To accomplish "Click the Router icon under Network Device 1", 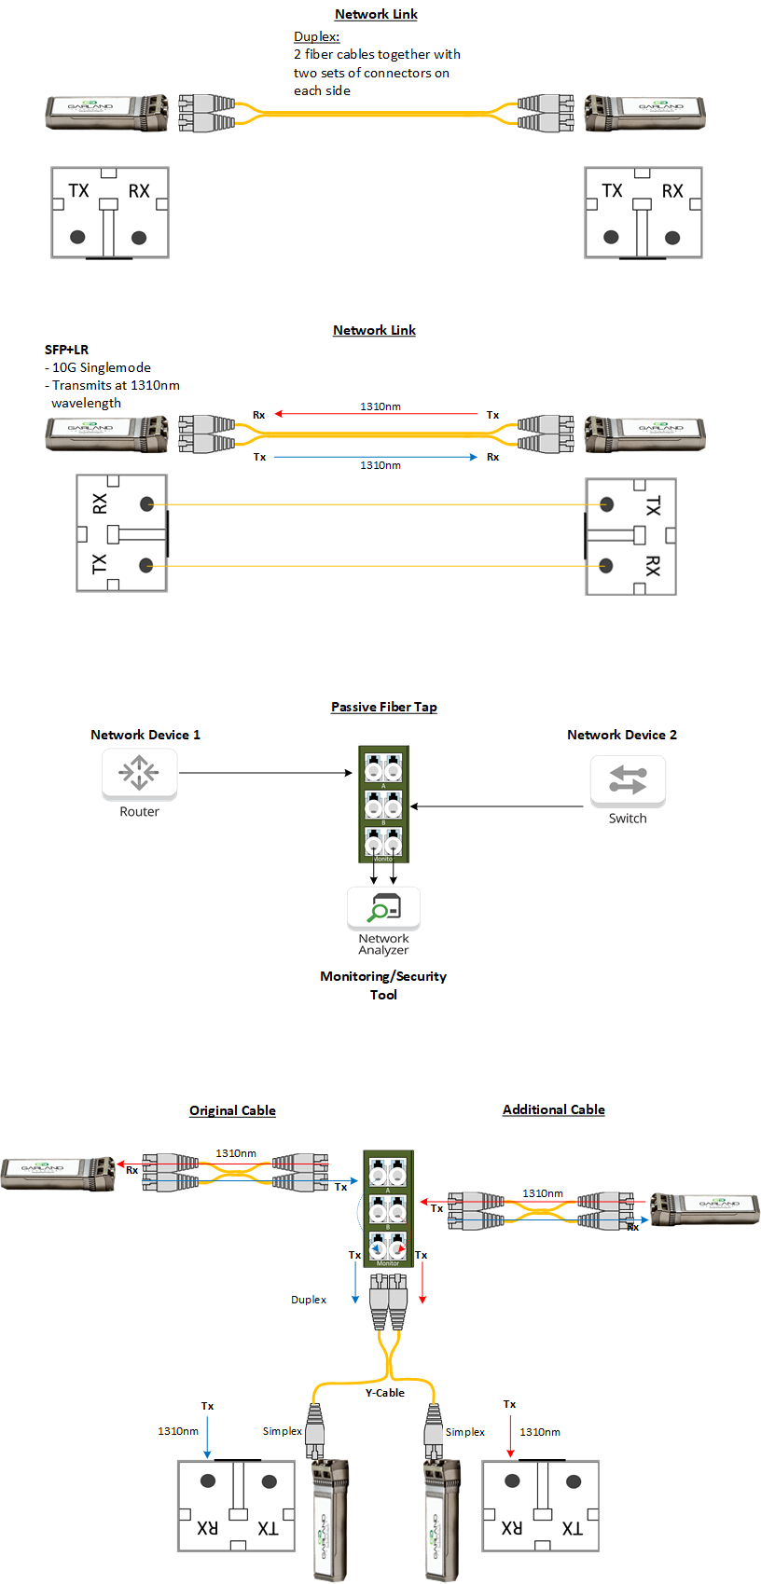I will point(139,774).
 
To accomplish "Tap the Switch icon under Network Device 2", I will point(628,779).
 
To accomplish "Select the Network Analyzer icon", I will point(383,906).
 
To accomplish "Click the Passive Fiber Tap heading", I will point(383,707).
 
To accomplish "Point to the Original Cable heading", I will point(232,1110).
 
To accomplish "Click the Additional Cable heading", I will point(553,1109).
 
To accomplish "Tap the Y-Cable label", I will point(384,1393).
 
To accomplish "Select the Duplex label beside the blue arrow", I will point(309,1300).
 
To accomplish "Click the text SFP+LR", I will point(66,350).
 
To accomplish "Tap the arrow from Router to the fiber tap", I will point(266,773).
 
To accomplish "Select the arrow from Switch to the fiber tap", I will point(496,806).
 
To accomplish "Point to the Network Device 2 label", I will point(622,735).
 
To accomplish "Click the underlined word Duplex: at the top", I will point(317,36).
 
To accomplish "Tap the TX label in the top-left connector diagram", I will point(78,191).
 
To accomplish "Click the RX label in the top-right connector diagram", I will point(672,191).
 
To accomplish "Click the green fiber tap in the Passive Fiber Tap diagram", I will point(384,804).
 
